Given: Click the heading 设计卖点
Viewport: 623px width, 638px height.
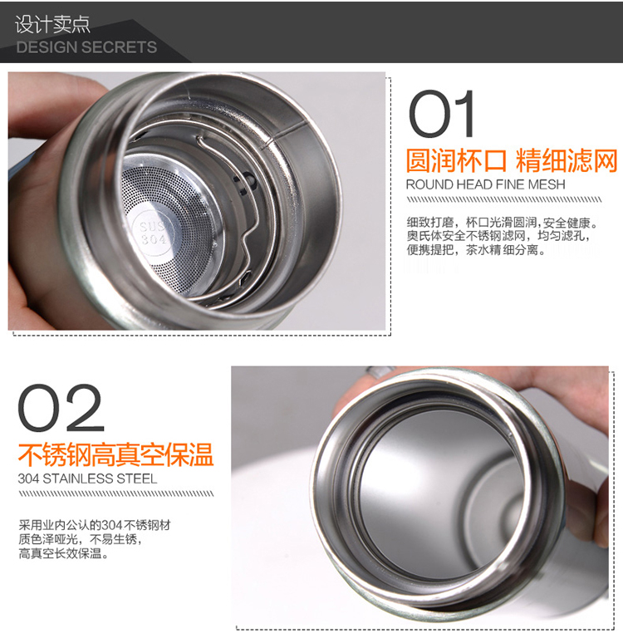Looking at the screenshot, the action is pos(52,24).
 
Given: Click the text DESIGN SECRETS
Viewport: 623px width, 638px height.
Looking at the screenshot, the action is pos(86,47).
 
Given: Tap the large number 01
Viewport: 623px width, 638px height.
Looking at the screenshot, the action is pos(442,114).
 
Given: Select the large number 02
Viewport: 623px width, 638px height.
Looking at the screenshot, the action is pos(61,408).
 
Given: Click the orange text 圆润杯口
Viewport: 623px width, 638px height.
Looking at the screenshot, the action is pos(456,160).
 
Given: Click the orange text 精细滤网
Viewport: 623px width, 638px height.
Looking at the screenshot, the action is pos(567,160).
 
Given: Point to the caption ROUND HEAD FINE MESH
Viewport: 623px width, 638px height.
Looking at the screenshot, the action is pos(485,184).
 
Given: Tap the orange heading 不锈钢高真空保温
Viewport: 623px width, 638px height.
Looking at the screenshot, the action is pos(116,454).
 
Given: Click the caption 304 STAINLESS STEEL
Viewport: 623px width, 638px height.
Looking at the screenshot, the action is pos(87,478).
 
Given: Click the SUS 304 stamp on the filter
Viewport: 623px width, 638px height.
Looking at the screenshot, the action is pos(152,233).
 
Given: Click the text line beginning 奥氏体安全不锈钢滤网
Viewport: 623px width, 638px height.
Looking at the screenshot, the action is pos(498,236).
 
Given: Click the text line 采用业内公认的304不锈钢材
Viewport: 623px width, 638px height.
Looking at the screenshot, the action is pos(95,525).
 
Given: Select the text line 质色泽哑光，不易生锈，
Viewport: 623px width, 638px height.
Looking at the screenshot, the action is pos(81,539).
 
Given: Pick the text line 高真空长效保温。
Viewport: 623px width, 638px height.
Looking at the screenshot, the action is pos(63,553).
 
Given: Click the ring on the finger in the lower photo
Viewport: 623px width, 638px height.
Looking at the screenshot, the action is pos(380,371).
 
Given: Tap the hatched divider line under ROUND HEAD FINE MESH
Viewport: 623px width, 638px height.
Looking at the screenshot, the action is pos(504,199).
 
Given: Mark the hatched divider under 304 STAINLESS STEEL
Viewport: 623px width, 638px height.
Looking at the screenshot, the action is pos(116,494).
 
